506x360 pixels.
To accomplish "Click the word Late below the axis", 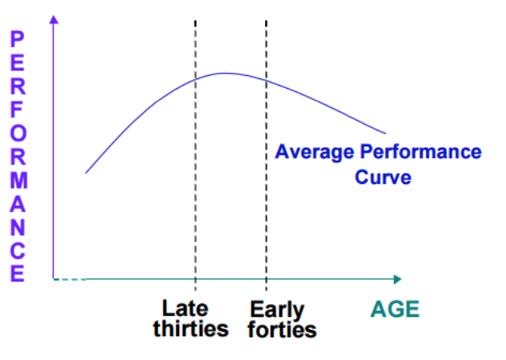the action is point(185,309).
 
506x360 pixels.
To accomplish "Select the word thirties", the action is point(191,329).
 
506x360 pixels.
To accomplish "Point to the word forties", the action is point(282,330).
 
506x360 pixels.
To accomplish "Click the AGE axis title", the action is point(395,309).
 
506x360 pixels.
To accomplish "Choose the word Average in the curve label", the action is point(315,152).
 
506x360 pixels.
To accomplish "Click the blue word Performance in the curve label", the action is point(421,151).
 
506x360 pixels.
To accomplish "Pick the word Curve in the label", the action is point(383,177).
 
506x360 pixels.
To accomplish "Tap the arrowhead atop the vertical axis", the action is point(54,19).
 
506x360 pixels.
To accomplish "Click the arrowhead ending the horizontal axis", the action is point(398,279).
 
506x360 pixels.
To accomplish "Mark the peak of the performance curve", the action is point(225,74).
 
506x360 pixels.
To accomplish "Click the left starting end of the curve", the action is point(86,173).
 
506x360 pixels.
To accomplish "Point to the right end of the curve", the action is point(385,133).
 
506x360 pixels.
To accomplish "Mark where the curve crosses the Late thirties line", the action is point(195,79).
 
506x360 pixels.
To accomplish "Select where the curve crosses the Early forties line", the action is point(267,80).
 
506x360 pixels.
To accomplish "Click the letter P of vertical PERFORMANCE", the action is point(18,39).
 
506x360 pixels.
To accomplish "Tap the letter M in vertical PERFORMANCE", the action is point(18,180).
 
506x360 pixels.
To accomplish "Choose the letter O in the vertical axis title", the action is point(18,133).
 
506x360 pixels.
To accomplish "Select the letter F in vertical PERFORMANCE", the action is point(17,110).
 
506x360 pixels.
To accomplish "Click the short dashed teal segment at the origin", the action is point(70,279).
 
